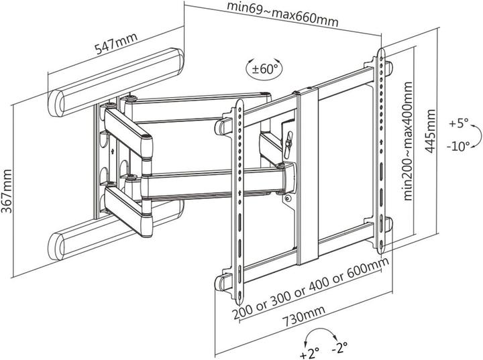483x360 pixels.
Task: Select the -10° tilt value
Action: (459, 147)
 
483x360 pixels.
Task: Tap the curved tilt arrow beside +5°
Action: (475, 136)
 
